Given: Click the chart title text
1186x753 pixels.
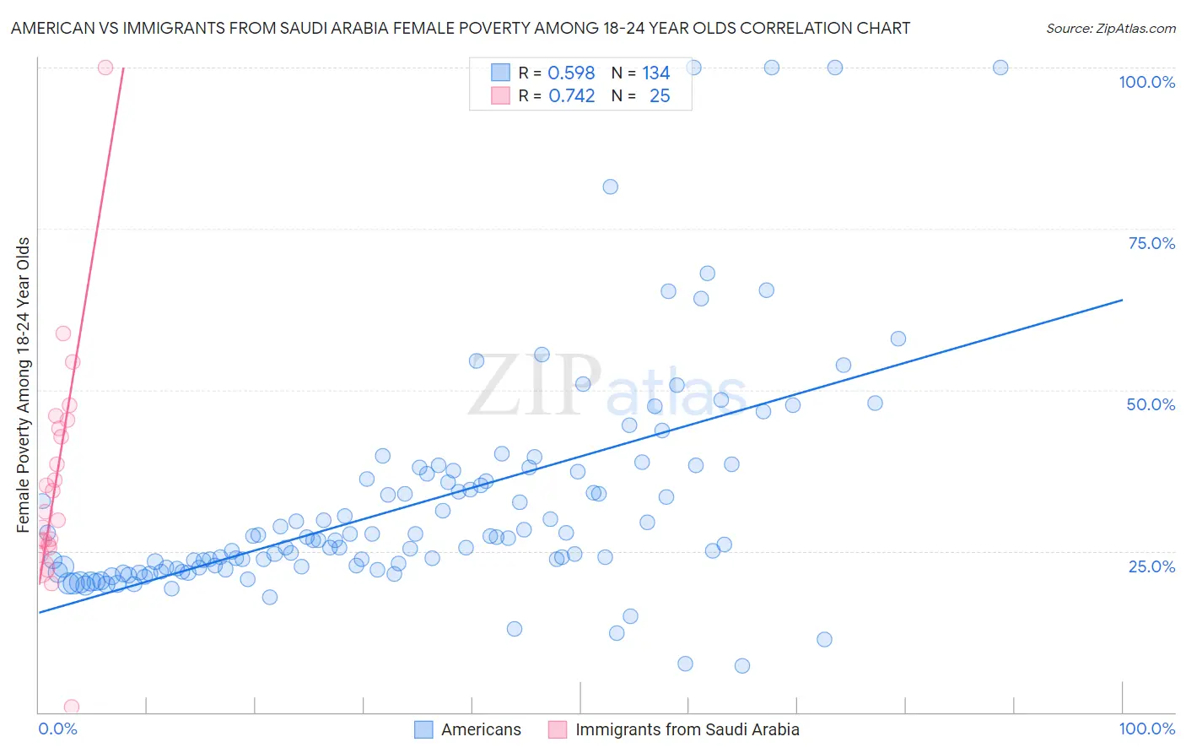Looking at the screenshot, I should (x=461, y=28).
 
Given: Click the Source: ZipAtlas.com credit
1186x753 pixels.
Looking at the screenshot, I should (x=1110, y=28).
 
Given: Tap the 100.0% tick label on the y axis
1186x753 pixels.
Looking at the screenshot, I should (x=1146, y=82).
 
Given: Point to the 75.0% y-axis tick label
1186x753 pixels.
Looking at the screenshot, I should (x=1151, y=243).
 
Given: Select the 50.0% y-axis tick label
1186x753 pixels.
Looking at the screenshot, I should (x=1151, y=404).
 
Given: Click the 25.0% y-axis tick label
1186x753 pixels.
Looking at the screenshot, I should (x=1151, y=566).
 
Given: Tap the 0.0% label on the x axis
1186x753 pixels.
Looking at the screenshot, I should (x=57, y=729).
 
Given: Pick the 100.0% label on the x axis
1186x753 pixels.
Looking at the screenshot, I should (x=1146, y=729).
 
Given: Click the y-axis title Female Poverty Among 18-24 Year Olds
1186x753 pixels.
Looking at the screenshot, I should (x=24, y=385).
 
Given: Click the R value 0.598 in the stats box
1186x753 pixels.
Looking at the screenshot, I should (x=571, y=73).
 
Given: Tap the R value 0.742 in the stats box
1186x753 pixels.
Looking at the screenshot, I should (x=571, y=96).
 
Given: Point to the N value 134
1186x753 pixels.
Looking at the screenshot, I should (x=655, y=73).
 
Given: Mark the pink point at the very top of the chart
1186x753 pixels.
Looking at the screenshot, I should (x=105, y=68).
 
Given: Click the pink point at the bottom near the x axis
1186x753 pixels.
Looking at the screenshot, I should (x=72, y=707).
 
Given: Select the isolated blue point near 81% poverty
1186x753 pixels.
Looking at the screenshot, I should (x=610, y=187).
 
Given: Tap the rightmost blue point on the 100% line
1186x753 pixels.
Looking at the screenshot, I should (x=1000, y=68).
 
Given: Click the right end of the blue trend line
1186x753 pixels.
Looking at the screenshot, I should (x=1122, y=300).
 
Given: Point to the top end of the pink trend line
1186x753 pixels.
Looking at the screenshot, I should (x=123, y=68).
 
